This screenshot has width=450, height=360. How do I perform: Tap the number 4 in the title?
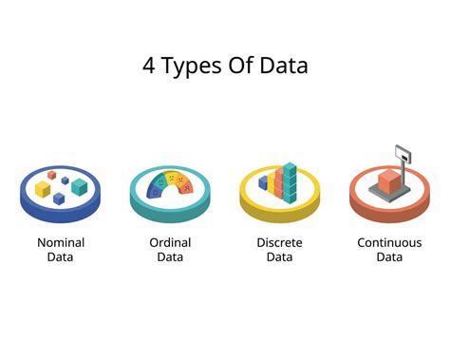149,66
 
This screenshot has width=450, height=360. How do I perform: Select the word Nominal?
61,242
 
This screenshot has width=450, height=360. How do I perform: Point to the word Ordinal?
170,242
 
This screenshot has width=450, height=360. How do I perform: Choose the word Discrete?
280,242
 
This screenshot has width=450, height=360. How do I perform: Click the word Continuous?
389,242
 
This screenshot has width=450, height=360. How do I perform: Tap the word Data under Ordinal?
170,257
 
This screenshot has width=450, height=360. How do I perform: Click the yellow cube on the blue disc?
44,189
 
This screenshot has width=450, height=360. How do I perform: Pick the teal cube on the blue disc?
80,186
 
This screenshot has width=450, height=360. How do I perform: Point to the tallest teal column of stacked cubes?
291,182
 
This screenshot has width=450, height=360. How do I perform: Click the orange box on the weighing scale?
388,181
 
